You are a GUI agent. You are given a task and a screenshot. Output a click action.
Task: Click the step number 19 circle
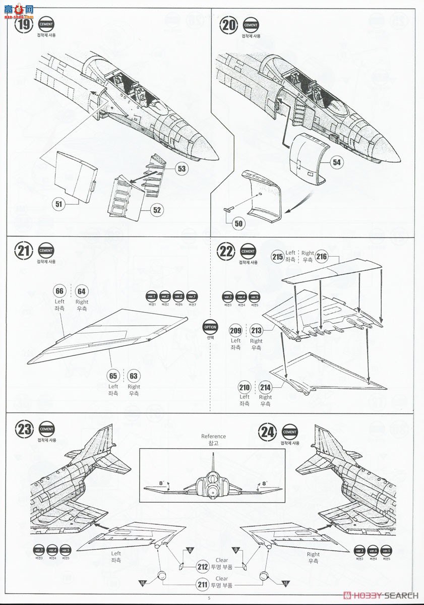tap(24, 25)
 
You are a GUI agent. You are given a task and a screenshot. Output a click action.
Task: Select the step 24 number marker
tap(268, 432)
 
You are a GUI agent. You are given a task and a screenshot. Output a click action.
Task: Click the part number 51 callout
tap(59, 203)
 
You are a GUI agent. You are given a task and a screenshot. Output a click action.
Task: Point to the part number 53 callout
tap(182, 168)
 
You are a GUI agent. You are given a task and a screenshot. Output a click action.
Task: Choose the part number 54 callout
tap(336, 162)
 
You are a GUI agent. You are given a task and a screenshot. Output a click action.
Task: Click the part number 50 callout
tap(238, 223)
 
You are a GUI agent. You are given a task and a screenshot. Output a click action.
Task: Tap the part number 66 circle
tap(59, 291)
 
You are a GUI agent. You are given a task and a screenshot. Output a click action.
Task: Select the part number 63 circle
tap(134, 376)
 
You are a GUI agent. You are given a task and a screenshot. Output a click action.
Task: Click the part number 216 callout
tap(322, 257)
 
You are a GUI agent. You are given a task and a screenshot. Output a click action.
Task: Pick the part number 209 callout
tap(235, 331)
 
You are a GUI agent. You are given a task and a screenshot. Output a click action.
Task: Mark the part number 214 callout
tap(265, 387)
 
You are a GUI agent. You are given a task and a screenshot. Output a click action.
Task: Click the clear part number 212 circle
tap(203, 567)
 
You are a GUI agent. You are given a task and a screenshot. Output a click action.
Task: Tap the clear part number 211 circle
tap(203, 585)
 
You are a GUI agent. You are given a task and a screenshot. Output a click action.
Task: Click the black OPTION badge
tap(210, 327)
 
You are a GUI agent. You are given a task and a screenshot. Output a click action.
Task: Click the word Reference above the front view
tap(213, 437)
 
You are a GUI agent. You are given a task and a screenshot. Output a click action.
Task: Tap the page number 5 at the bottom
tap(209, 598)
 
